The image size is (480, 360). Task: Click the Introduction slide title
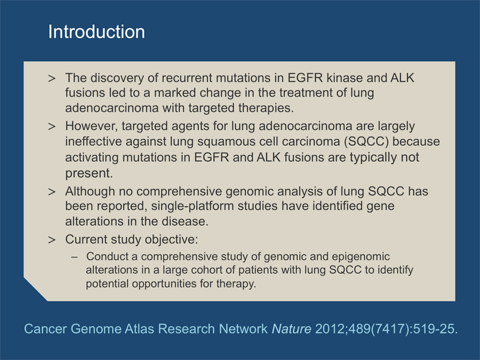97,32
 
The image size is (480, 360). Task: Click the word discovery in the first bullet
117,78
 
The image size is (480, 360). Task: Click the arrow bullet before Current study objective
52,239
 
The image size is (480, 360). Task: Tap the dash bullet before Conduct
74,257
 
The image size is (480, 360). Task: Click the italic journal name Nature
292,329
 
